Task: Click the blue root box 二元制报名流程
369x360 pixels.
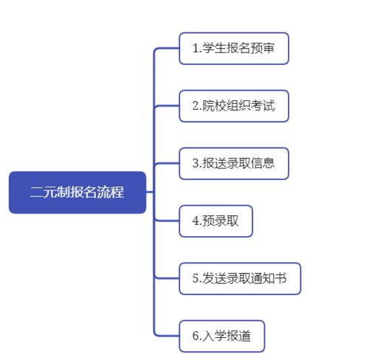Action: pyautogui.click(x=77, y=193)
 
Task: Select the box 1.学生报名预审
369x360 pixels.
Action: pyautogui.click(x=234, y=49)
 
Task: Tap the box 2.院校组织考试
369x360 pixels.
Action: pyautogui.click(x=234, y=106)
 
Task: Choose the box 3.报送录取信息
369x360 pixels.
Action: pyautogui.click(x=234, y=164)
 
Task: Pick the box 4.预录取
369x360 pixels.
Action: pyautogui.click(x=216, y=221)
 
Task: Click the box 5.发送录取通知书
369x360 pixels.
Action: pyautogui.click(x=240, y=279)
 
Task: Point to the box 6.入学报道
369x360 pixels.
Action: pyautogui.click(x=222, y=336)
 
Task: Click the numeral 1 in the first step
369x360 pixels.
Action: pyautogui.click(x=196, y=48)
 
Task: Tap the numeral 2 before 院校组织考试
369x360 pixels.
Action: pyautogui.click(x=196, y=105)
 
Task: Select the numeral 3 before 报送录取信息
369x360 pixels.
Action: pyautogui.click(x=196, y=163)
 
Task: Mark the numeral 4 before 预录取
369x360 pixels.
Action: pyautogui.click(x=196, y=221)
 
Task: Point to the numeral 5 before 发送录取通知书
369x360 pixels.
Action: pyautogui.click(x=196, y=278)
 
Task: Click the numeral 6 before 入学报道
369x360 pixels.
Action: pyautogui.click(x=196, y=336)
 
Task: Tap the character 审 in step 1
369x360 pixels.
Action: pyautogui.click(x=269, y=48)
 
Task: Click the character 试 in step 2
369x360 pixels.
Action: pyautogui.click(x=269, y=105)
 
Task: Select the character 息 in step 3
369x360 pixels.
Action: pyautogui.click(x=269, y=163)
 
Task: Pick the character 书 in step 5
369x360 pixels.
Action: pyautogui.click(x=280, y=278)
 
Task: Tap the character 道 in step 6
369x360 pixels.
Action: pyautogui.click(x=244, y=336)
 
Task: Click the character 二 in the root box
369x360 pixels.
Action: pyautogui.click(x=37, y=192)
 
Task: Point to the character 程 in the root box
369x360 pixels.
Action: pyautogui.click(x=117, y=192)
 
